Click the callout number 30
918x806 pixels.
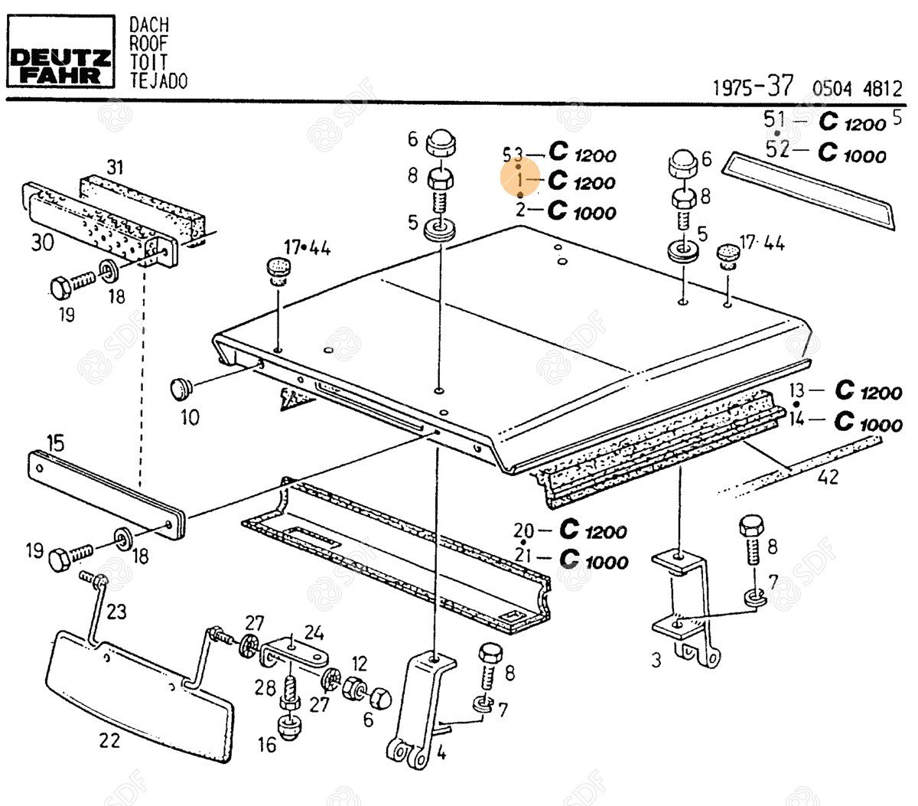click(x=43, y=243)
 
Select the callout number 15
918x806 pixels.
click(x=56, y=443)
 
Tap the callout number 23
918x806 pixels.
click(x=116, y=611)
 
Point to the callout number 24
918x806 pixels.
click(x=314, y=633)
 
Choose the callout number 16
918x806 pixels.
click(x=266, y=743)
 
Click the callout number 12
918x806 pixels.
click(x=360, y=662)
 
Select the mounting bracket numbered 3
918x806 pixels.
click(x=685, y=605)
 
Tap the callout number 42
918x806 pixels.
click(x=828, y=477)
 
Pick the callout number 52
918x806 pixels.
click(x=777, y=149)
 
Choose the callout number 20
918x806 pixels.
click(x=523, y=530)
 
